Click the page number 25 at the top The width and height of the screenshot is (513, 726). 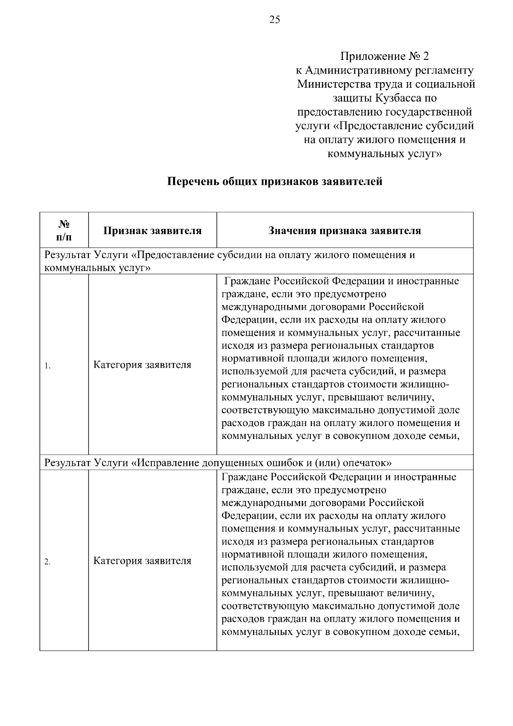274,20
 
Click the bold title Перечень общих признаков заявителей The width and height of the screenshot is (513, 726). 274,181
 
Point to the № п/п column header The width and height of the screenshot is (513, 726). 64,230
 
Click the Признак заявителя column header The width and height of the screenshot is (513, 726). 153,231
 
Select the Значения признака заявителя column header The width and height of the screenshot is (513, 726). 345,231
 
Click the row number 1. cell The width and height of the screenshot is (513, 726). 48,366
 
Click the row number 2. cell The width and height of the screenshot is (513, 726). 48,562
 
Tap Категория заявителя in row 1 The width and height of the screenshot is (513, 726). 142,365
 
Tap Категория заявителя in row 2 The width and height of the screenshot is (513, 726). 142,560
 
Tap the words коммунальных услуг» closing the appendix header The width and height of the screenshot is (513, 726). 384,154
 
